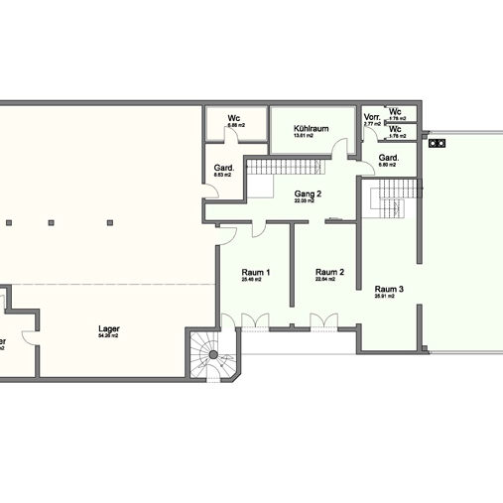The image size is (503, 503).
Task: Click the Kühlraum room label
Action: pos(311,129)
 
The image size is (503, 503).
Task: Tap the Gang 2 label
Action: pos(308,193)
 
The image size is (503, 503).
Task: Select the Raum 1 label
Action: pos(256,272)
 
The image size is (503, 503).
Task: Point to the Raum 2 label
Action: pos(328,272)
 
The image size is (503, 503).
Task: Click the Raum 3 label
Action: pos(388,289)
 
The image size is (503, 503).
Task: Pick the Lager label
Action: pos(109,328)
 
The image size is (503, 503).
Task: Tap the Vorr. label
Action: pos(372,117)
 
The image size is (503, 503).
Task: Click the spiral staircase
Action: pos(213,355)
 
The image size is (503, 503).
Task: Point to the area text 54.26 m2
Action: pos(108,336)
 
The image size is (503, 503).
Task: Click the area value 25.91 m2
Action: pos(385,297)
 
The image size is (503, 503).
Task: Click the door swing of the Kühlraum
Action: pos(341,149)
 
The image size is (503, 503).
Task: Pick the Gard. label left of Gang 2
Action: pos(223,168)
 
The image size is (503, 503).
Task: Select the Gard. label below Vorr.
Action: pos(389,158)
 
